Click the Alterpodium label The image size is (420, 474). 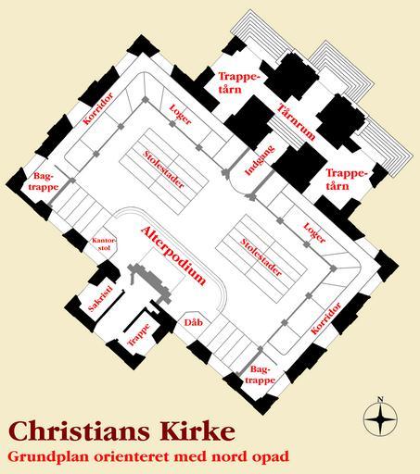(173, 256)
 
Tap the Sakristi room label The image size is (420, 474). (99, 298)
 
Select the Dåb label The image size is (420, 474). (194, 322)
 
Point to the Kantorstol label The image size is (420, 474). (104, 243)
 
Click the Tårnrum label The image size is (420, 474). (296, 122)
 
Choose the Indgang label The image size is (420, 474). (260, 160)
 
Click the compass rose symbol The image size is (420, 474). (380, 418)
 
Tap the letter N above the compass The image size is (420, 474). (380, 400)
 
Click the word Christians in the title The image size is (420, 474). (80, 431)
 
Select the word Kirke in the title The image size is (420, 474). (197, 431)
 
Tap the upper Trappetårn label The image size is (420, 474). (237, 82)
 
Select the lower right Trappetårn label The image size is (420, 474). (347, 180)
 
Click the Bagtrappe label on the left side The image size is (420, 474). (45, 182)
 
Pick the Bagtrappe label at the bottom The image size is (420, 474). (260, 375)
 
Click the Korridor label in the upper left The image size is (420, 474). (98, 108)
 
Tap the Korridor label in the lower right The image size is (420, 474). (325, 318)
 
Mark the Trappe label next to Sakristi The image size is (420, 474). (139, 334)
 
